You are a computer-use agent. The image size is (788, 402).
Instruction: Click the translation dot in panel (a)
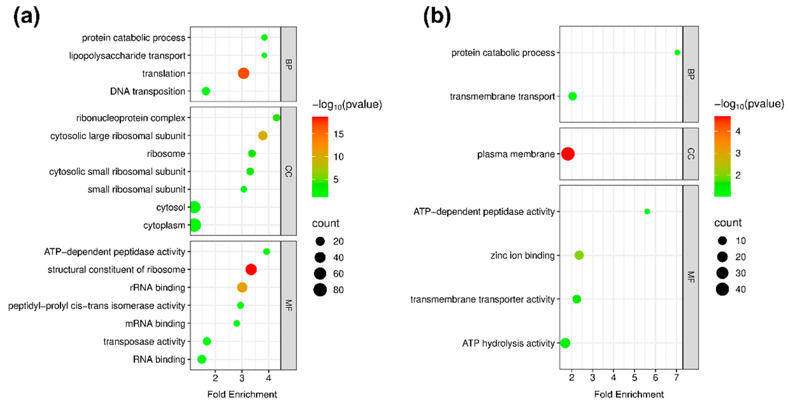click(243, 73)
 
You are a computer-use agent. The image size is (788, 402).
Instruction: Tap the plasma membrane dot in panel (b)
click(568, 154)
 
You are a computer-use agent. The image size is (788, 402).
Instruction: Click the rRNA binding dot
click(242, 287)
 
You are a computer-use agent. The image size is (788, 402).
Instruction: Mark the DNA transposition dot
click(206, 91)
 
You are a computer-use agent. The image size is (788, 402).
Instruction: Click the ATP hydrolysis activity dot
click(565, 343)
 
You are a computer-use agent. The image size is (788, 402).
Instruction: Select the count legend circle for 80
click(320, 290)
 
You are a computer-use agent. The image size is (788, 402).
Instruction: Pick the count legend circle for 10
click(722, 241)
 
